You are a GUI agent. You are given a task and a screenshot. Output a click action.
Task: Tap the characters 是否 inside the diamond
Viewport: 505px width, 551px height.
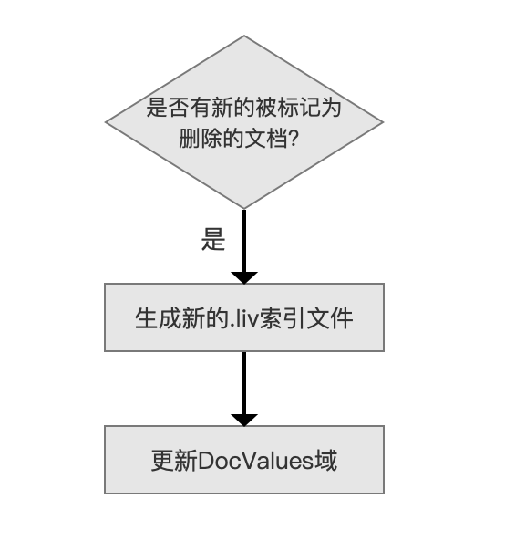pyautogui.click(x=168, y=107)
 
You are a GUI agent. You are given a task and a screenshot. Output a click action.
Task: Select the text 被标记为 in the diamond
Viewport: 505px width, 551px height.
pyautogui.click(x=298, y=107)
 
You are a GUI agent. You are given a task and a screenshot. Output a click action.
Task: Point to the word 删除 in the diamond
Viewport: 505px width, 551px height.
pyautogui.click(x=201, y=138)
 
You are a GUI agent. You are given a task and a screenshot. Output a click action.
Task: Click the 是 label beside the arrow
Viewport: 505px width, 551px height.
pyautogui.click(x=213, y=239)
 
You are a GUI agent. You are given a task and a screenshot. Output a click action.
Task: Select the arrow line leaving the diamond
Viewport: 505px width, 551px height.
pyautogui.click(x=244, y=241)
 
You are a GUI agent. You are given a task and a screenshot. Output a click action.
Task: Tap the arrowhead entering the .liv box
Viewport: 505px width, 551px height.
pyautogui.click(x=244, y=277)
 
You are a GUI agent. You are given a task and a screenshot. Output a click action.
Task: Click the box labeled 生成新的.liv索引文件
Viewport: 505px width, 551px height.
pyautogui.click(x=244, y=317)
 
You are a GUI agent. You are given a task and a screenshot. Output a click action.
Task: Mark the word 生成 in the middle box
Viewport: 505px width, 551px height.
pyautogui.click(x=158, y=318)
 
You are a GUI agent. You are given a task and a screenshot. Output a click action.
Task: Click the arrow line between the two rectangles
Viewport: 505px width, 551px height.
pyautogui.click(x=244, y=383)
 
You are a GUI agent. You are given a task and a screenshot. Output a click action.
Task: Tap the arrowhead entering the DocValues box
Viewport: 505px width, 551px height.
pyautogui.click(x=244, y=420)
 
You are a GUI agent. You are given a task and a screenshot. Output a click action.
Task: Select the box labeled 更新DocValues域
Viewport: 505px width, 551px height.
pyautogui.click(x=244, y=460)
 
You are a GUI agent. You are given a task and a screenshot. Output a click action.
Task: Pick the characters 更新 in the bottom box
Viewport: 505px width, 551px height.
pyautogui.click(x=174, y=461)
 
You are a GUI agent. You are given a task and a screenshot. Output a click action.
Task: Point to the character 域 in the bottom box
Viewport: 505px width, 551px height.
pyautogui.click(x=326, y=461)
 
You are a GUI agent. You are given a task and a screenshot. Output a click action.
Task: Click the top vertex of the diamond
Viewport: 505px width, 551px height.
pyautogui.click(x=244, y=36)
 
